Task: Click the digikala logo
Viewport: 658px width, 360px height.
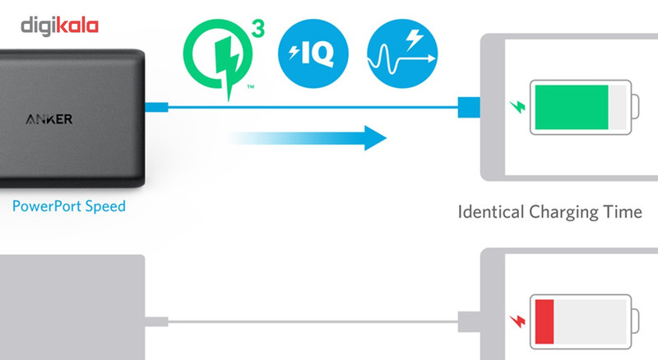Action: click(x=60, y=25)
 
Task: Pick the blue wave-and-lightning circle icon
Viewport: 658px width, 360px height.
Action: click(x=402, y=54)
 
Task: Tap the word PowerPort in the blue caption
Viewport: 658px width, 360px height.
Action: click(x=46, y=205)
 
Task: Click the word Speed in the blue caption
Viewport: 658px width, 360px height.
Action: click(x=104, y=206)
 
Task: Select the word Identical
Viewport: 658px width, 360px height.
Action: click(x=490, y=212)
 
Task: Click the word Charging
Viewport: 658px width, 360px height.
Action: click(x=565, y=213)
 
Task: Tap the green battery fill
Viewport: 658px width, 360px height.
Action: click(x=571, y=107)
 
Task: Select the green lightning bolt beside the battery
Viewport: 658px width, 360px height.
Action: click(x=517, y=107)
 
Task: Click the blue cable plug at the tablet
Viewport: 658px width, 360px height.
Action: click(x=467, y=107)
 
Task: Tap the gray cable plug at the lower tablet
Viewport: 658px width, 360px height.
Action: click(x=467, y=320)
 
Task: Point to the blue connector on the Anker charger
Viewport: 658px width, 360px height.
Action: click(x=156, y=107)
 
